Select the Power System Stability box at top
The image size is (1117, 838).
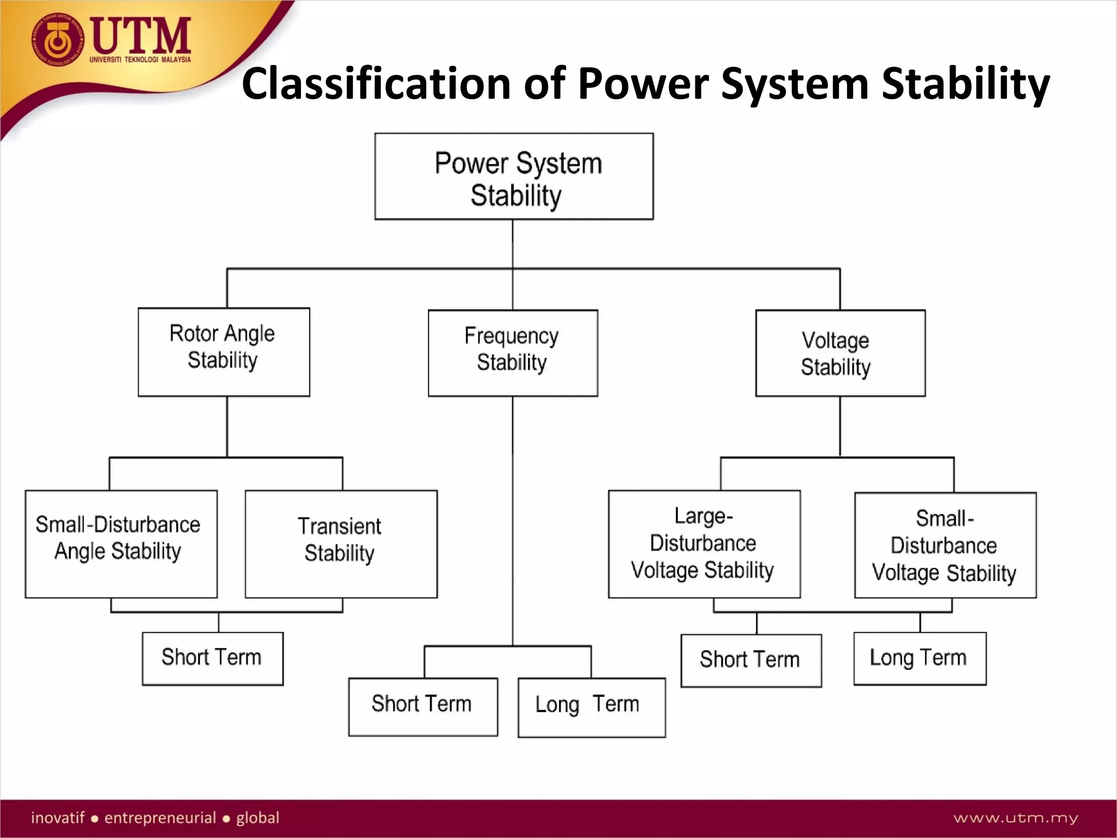tap(514, 177)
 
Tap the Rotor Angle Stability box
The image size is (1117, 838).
tap(224, 352)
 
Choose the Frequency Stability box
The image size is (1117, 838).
tap(513, 353)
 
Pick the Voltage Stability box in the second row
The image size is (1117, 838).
tap(840, 353)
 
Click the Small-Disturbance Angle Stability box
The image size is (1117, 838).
tap(121, 544)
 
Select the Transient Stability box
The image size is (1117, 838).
tap(341, 544)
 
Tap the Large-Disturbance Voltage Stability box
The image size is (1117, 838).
tap(704, 544)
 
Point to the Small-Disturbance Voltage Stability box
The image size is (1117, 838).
tap(945, 545)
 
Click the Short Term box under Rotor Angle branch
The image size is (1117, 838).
tap(213, 659)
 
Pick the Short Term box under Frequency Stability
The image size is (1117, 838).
tap(423, 707)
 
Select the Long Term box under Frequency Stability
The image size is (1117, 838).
tap(591, 707)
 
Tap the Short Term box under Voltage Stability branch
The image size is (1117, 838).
tap(751, 660)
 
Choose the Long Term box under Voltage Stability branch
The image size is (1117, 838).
tap(920, 659)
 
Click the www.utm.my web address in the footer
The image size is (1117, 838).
tap(1016, 818)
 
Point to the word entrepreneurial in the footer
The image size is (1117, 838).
tap(160, 818)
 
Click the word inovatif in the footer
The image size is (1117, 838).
tap(58, 818)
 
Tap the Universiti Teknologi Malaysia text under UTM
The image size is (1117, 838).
tap(140, 59)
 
